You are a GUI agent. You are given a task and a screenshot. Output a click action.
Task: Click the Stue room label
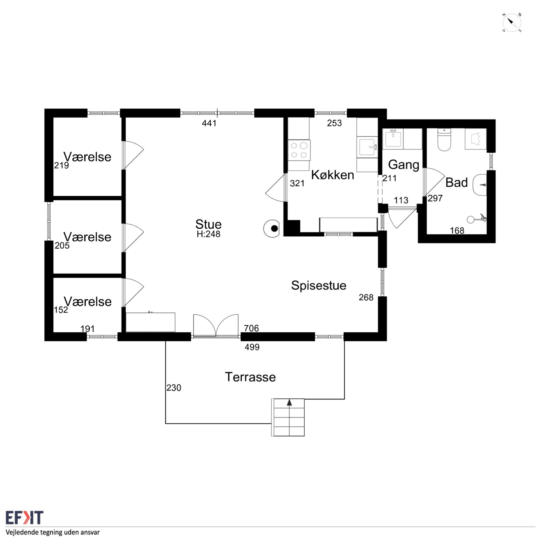click(x=208, y=224)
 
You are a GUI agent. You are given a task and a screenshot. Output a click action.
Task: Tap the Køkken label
click(x=333, y=175)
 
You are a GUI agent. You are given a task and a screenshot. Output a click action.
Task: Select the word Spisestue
click(x=319, y=285)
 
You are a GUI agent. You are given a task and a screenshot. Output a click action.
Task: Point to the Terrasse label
click(x=250, y=377)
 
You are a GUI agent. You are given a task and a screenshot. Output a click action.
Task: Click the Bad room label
click(x=456, y=182)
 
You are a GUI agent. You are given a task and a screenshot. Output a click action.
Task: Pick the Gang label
click(x=404, y=165)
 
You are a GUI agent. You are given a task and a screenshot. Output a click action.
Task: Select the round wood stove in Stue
click(x=272, y=229)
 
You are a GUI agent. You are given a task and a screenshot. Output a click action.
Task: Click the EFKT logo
click(x=24, y=518)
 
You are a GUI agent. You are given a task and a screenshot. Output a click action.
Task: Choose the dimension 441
click(x=209, y=123)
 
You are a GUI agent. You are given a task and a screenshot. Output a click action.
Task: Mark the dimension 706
click(x=251, y=328)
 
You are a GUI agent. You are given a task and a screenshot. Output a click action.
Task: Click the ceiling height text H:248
click(x=208, y=234)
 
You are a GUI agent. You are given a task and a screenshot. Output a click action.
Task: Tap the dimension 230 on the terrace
click(x=174, y=388)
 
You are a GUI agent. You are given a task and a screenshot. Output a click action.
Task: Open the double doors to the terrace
click(x=216, y=326)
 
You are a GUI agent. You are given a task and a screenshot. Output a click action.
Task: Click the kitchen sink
click(x=368, y=147)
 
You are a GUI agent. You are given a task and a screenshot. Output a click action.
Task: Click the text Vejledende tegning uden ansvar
click(x=53, y=532)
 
